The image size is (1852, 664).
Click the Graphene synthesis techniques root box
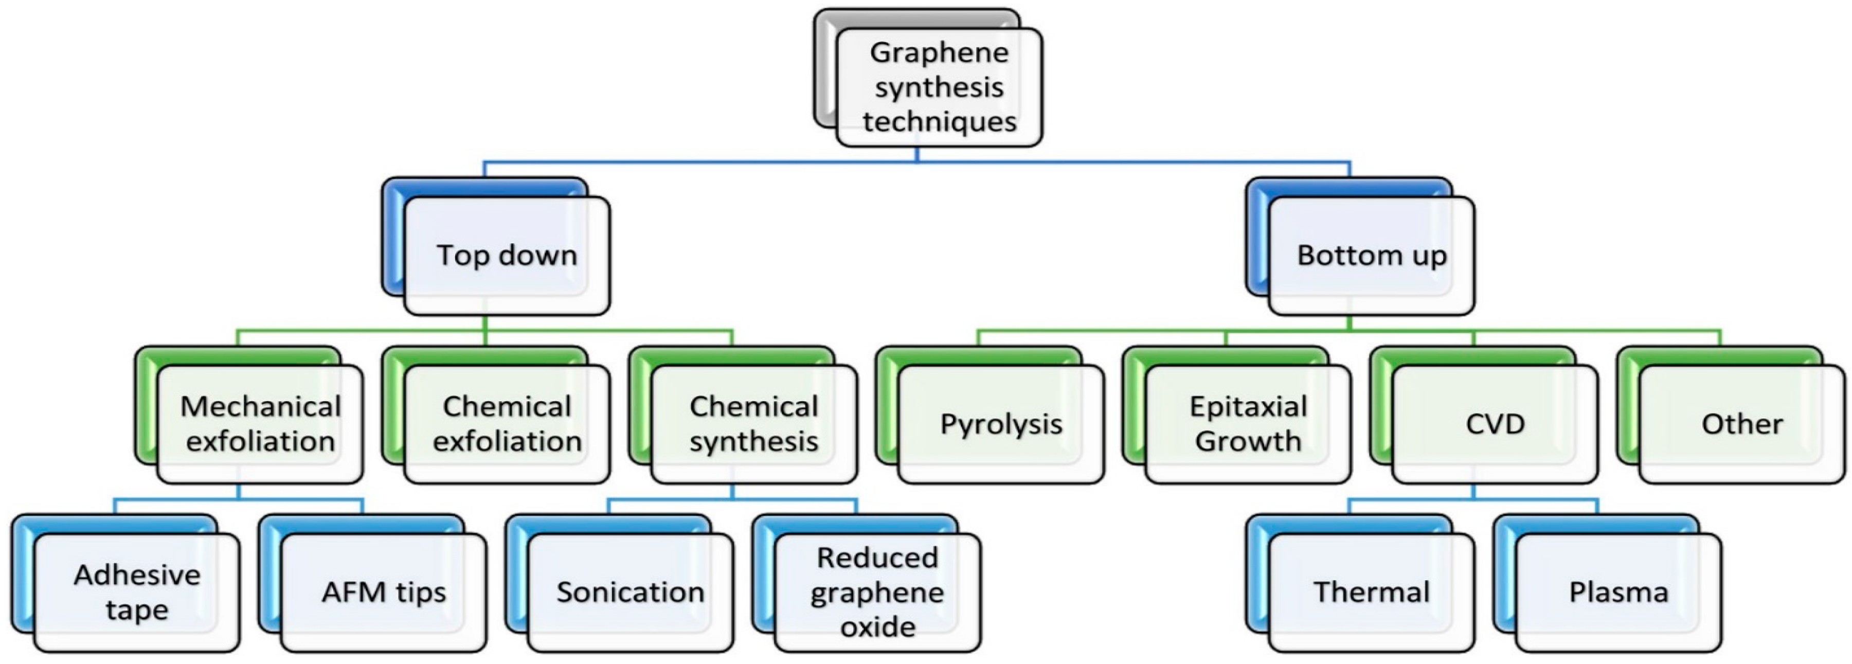point(939,87)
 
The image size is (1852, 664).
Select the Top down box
point(507,255)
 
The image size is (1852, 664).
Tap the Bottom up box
point(1371,255)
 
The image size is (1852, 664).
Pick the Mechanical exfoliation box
point(260,424)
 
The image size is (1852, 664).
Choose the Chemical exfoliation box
point(507,424)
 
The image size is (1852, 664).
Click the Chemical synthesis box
point(753,424)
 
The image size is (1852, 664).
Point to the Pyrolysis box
point(1001,424)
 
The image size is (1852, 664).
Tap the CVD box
point(1495,424)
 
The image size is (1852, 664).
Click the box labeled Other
point(1741,424)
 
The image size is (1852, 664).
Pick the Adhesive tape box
point(137,592)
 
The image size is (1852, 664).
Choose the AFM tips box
point(383,592)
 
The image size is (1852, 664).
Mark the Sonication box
point(630,592)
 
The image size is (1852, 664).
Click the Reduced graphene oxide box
point(877,592)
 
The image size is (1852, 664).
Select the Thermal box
point(1371,592)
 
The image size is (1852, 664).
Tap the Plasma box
point(1617,592)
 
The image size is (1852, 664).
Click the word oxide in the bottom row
point(877,626)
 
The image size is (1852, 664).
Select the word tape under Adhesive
point(137,609)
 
